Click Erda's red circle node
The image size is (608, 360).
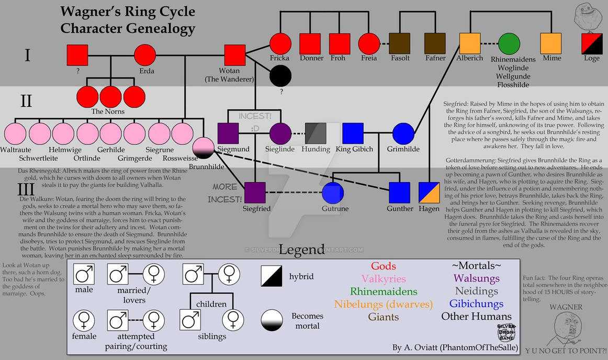pos(145,54)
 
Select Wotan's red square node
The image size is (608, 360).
pos(234,54)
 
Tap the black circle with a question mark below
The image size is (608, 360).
pos(280,76)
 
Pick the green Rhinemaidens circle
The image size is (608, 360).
pos(509,43)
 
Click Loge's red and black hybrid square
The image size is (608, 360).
pos(592,43)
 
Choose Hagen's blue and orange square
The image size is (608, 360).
pos(429,193)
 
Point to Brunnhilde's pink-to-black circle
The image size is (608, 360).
pos(204,148)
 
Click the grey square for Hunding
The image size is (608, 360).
pos(316,133)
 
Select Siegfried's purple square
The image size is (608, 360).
pos(255,193)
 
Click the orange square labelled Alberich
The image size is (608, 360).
pos(470,43)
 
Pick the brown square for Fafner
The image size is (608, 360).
pos(435,43)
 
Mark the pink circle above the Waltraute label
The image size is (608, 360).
pos(16,133)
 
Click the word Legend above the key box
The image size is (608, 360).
pos(302,249)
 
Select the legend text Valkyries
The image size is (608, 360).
pos(384,279)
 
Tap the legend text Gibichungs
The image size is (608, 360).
pos(476,303)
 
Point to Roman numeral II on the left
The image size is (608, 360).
pos(26,100)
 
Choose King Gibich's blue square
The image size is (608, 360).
pos(353,133)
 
